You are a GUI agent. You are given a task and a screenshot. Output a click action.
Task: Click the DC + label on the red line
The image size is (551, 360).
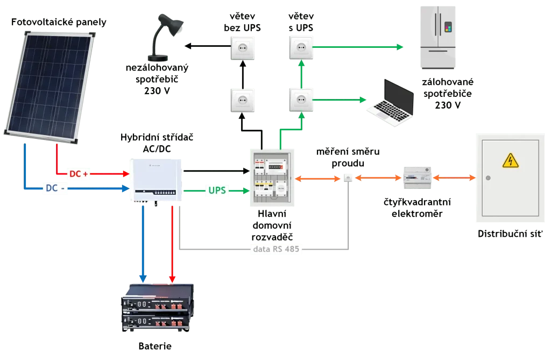[78, 174]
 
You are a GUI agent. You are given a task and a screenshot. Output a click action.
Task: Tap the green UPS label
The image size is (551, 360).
[214, 191]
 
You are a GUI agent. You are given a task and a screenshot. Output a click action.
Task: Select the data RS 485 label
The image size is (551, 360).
[278, 249]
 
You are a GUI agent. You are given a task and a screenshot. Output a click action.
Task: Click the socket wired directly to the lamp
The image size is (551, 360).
[243, 47]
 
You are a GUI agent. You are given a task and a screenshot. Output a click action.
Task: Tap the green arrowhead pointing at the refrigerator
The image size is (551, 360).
[400, 48]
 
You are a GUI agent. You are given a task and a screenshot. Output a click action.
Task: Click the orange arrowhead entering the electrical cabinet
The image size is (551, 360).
[471, 178]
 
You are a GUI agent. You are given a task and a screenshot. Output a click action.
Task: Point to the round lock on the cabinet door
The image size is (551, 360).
[487, 178]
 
